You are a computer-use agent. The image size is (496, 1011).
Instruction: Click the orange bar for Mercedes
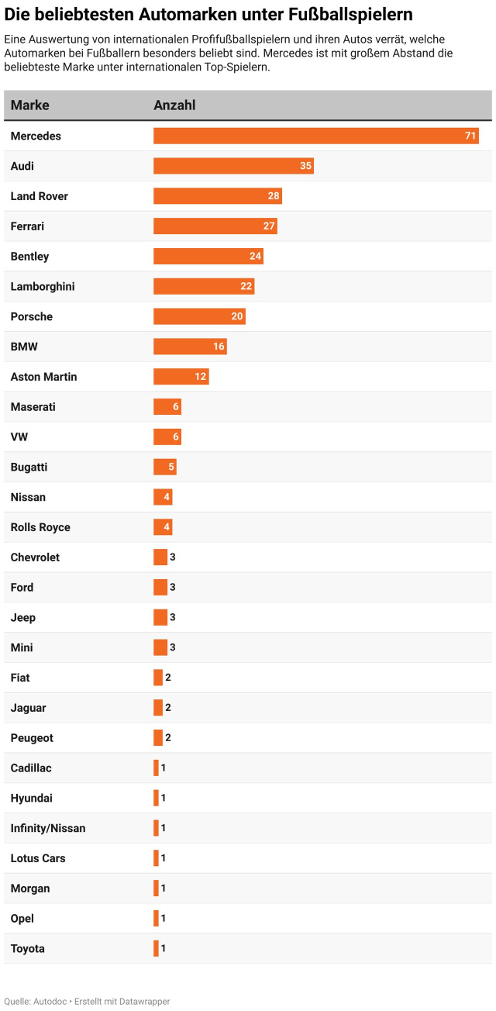[x=315, y=136]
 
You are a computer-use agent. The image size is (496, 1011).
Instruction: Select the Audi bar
[x=232, y=166]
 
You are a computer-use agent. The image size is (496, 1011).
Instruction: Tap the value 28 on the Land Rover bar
[x=274, y=196]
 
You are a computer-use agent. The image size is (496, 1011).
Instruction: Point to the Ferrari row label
[x=28, y=226]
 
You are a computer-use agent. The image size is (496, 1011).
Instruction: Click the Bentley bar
[x=208, y=257]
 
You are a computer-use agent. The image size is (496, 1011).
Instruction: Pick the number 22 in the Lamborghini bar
[x=246, y=287]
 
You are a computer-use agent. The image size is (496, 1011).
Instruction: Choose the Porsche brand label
[x=32, y=316]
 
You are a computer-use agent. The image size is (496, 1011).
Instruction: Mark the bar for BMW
[x=189, y=347]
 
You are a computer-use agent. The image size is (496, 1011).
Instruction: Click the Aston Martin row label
[x=44, y=377]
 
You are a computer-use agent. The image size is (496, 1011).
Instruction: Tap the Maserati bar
[x=167, y=407]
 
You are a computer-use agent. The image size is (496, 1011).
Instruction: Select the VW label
[x=19, y=437]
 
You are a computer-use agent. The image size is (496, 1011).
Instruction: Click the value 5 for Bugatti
[x=172, y=468]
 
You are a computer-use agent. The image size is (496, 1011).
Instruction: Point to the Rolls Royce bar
[x=163, y=527]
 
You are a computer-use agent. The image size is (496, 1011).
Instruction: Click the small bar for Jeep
[x=160, y=618]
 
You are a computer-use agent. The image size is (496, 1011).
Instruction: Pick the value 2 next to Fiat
[x=168, y=678]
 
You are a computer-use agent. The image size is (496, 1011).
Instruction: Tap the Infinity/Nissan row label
[x=48, y=828]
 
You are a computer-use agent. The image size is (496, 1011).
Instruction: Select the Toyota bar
[x=156, y=948]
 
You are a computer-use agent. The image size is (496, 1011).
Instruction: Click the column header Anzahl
[x=174, y=105]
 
